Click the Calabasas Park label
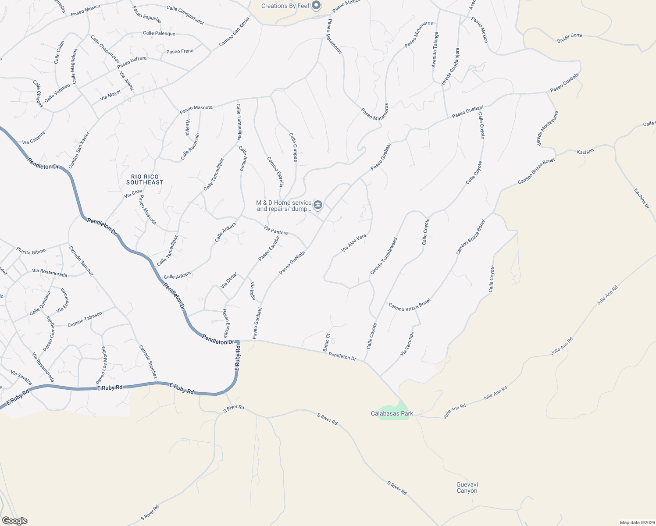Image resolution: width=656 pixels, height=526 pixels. click(392, 413)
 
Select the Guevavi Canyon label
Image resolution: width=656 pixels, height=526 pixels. click(467, 487)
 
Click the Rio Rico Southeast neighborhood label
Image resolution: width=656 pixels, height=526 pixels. click(145, 179)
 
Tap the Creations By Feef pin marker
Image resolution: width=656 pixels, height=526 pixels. click(316, 6)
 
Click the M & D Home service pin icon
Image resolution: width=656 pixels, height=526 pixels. click(318, 205)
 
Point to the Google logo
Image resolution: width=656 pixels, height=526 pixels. click(14, 521)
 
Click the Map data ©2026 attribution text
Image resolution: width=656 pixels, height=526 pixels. click(637, 522)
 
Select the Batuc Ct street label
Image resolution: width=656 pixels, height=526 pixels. click(326, 342)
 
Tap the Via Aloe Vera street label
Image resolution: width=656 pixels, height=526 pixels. click(354, 244)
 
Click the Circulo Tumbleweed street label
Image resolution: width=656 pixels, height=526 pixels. click(384, 256)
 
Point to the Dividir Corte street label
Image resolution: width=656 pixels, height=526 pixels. click(570, 38)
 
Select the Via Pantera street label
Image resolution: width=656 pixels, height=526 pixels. click(276, 230)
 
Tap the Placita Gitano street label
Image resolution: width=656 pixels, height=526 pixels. click(31, 251)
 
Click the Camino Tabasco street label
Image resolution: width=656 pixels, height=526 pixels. click(85, 320)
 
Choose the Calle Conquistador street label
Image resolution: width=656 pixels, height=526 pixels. click(185, 15)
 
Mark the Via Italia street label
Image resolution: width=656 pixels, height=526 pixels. click(253, 291)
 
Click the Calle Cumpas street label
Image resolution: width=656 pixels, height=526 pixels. click(293, 147)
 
